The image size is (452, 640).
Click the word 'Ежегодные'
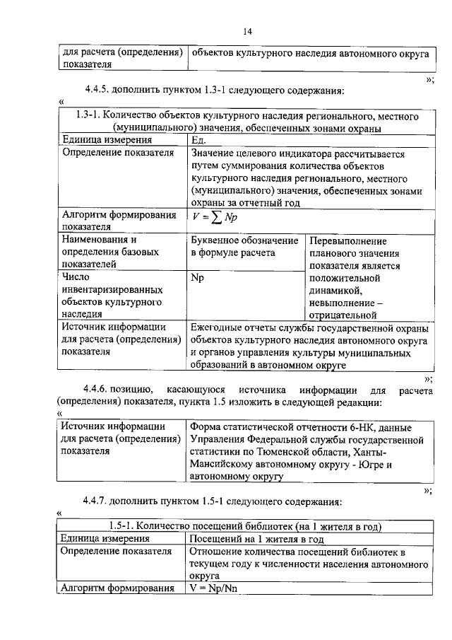(219, 327)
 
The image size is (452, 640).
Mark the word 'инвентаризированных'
(112, 290)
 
